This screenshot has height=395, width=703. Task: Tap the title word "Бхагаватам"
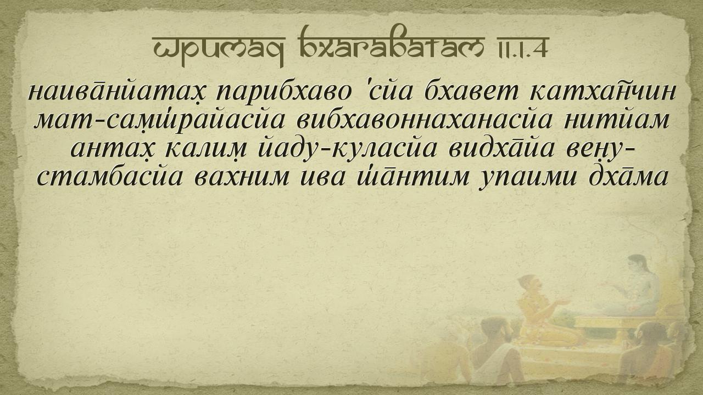(x=391, y=43)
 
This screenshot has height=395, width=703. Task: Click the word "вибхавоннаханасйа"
(x=424, y=120)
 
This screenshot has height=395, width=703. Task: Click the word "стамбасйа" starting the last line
(x=109, y=177)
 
